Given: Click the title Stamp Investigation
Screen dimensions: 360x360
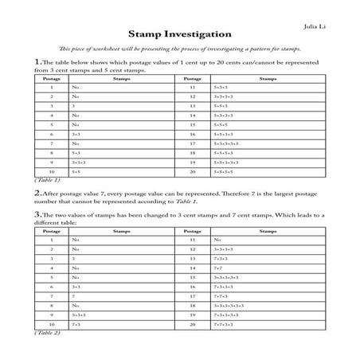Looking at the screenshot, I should [179, 36].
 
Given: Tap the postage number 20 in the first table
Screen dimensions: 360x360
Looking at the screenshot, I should [193, 171].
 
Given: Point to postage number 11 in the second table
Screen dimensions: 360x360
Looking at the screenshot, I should [193, 239].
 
